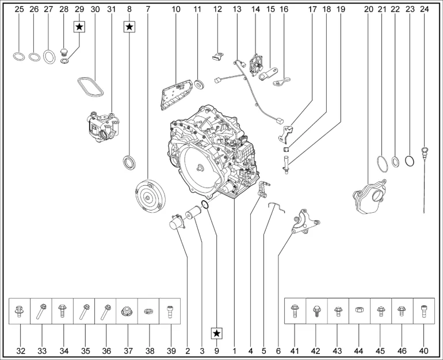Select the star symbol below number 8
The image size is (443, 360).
129,27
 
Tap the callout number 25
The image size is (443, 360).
19,9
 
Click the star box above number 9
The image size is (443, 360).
217,334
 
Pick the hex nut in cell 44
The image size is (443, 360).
359,309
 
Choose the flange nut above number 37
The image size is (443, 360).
127,312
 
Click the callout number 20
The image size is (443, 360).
369,9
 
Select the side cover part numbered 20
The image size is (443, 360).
369,196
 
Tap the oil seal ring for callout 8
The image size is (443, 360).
129,162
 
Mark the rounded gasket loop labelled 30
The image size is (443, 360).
90,87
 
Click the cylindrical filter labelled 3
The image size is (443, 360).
193,212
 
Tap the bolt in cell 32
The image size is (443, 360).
19,311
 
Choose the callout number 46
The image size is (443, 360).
402,351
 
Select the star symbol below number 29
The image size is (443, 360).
79,27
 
